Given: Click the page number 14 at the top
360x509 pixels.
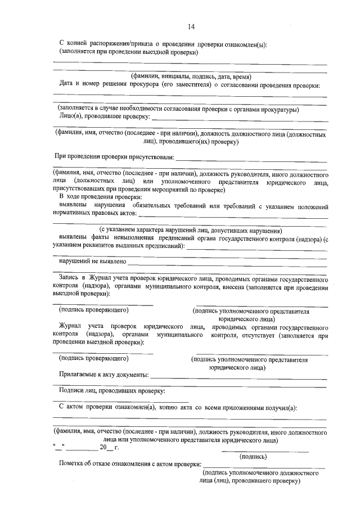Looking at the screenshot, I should (x=191, y=26).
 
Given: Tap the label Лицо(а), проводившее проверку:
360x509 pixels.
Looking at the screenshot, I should (x=104, y=116).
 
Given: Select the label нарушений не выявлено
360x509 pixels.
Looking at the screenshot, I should (x=93, y=262).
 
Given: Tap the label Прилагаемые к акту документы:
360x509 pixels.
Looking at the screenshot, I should (x=104, y=374).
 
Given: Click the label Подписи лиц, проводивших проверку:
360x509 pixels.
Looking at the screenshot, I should (x=112, y=390).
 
